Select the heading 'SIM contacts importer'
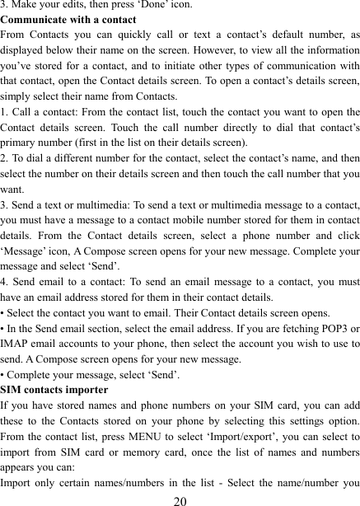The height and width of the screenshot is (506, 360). [x=54, y=389]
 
